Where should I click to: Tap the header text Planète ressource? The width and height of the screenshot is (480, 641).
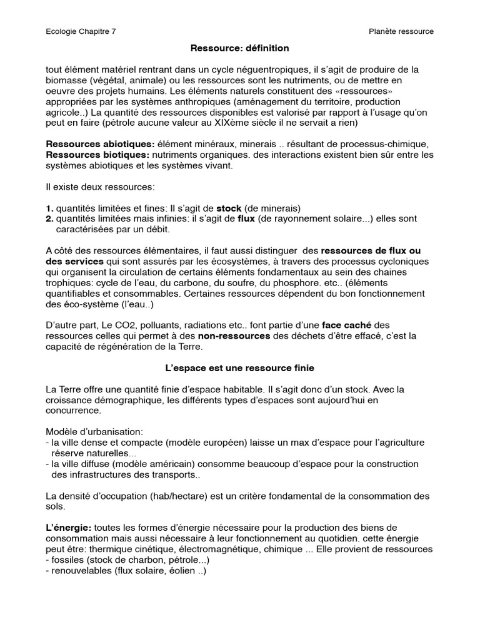[x=401, y=31]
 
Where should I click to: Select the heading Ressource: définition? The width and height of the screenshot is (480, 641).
[x=239, y=48]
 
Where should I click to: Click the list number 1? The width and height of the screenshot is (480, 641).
[x=49, y=208]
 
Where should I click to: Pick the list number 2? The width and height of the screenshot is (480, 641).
[x=49, y=218]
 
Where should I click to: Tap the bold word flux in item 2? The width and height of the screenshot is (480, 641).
[x=246, y=218]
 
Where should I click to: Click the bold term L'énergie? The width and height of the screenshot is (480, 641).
[x=69, y=528]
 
